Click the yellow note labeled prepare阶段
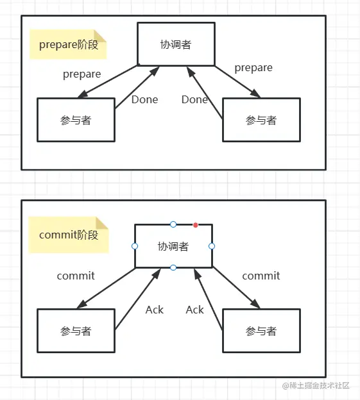pos(68,44)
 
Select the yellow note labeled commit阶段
pos(69,235)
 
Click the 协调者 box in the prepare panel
pos(175,44)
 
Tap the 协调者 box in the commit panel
pos(173,246)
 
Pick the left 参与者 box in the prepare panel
pos(76,120)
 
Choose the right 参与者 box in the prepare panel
pos(261,120)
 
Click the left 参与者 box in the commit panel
pos(76,331)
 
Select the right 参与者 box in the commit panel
pos(261,331)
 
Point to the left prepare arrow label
pos(81,74)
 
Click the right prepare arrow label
pos(253,67)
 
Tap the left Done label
pos(144,99)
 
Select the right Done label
pos(194,99)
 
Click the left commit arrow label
pos(76,276)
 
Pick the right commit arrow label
pos(261,276)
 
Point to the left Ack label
pos(155,310)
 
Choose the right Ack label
pos(194,310)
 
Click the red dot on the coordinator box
pos(196,225)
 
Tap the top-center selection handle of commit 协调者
pos(173,224)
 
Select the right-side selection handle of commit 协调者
pos(212,246)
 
